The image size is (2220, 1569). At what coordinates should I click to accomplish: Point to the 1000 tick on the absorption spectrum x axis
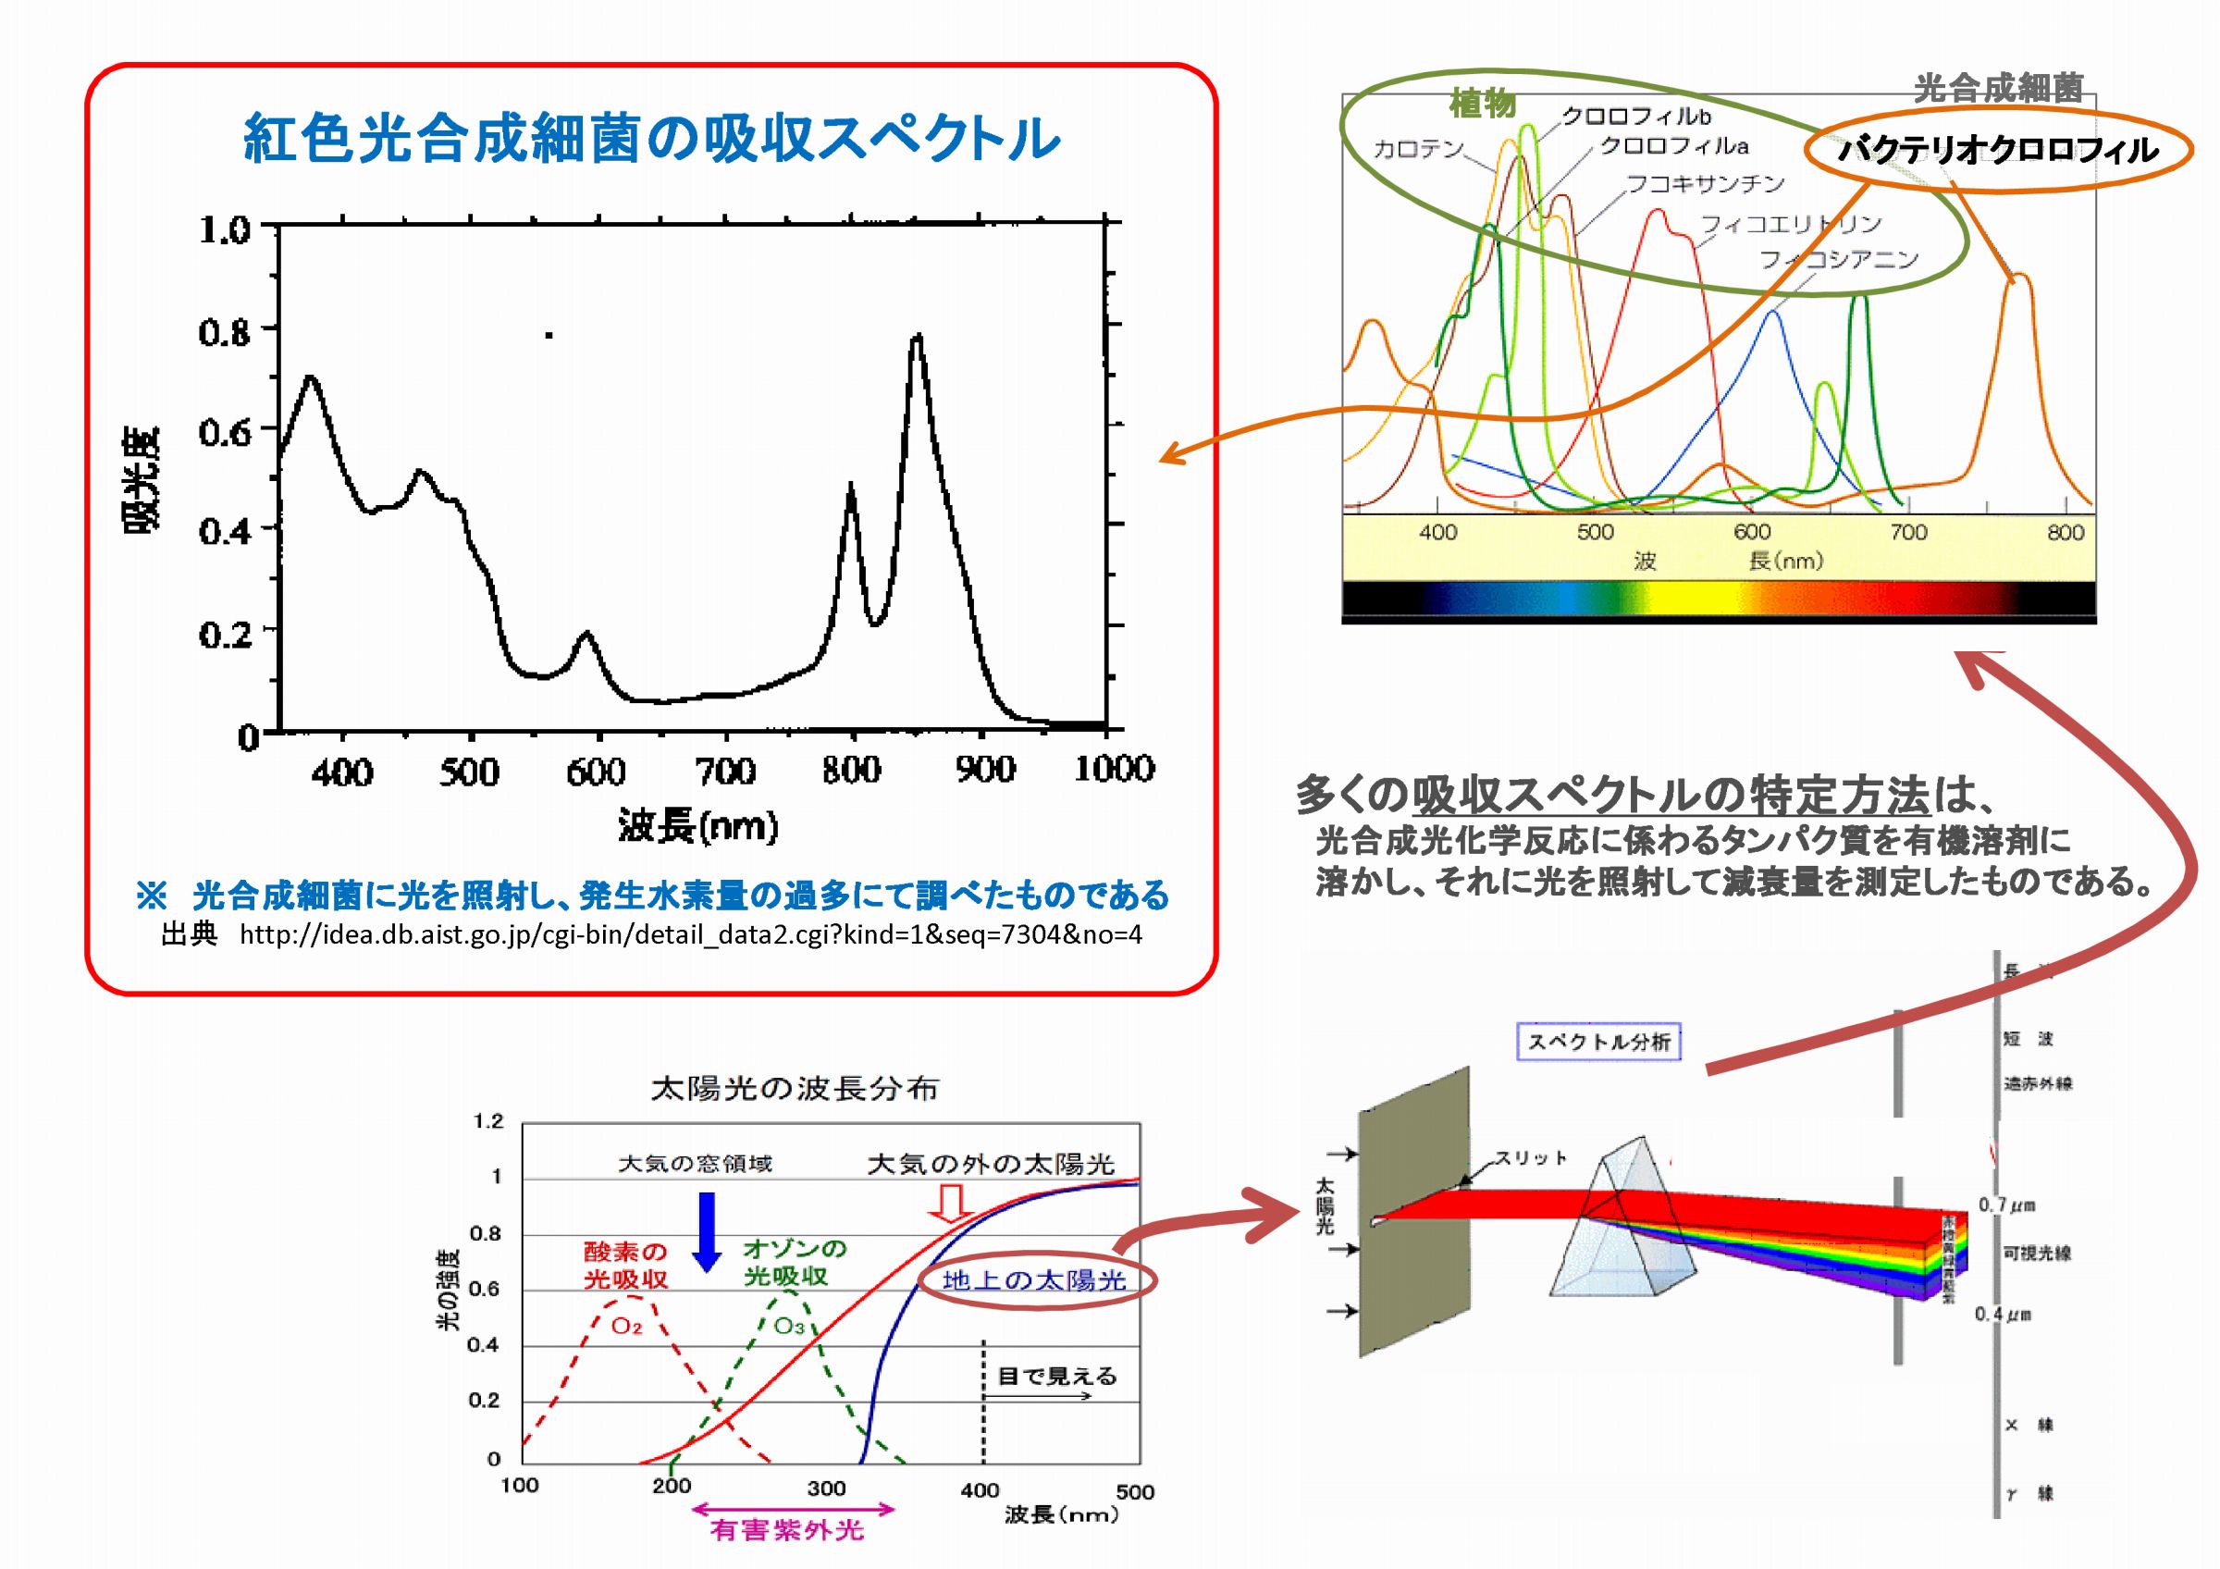[1114, 769]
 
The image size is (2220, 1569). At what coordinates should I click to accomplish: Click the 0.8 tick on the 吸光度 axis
[225, 331]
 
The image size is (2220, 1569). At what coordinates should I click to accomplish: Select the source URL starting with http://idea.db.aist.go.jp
[690, 934]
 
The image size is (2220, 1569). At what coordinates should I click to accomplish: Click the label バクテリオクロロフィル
[1998, 150]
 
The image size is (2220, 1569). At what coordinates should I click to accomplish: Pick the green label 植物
[1482, 103]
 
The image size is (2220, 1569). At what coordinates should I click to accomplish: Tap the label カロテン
[1418, 148]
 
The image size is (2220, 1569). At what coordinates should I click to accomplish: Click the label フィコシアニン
[1838, 259]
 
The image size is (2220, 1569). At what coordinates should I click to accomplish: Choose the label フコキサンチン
[1706, 183]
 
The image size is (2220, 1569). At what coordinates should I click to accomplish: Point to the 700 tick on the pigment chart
[1907, 532]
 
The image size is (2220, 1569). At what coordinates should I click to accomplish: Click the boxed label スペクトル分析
[1598, 1041]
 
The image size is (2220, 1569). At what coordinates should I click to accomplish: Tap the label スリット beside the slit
[1531, 1157]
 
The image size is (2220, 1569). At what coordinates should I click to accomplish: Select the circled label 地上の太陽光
[1033, 1280]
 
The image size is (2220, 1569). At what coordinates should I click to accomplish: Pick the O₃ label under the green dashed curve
[789, 1327]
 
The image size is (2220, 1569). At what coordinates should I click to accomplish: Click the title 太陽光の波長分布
[795, 1089]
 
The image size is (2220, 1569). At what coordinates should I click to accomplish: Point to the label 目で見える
[1057, 1376]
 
